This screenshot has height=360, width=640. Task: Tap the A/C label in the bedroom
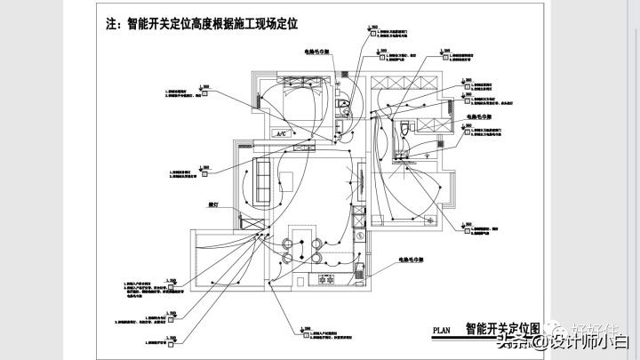coord(283,133)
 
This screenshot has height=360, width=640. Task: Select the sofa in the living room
coord(263,180)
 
